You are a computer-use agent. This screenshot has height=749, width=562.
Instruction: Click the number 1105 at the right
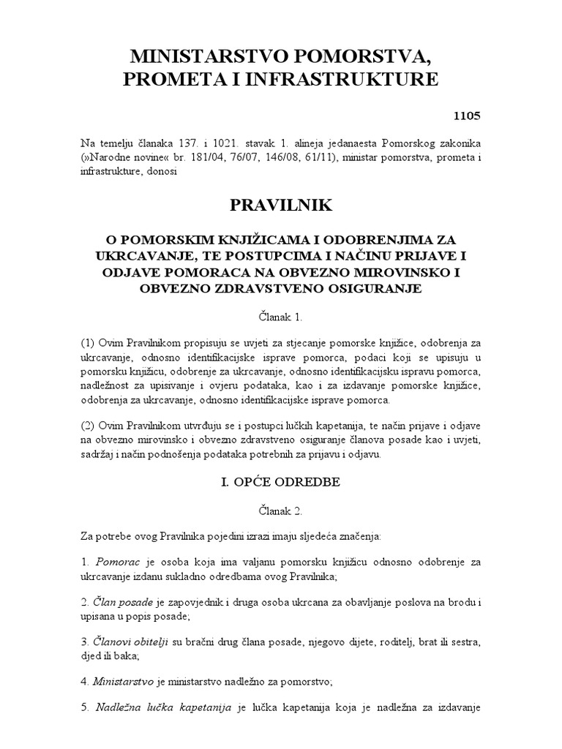[x=466, y=115]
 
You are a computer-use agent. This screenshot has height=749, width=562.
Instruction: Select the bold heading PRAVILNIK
[x=281, y=206]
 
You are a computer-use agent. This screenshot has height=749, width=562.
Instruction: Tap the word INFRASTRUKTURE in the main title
[x=347, y=79]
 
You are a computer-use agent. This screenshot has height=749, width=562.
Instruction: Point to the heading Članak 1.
[x=281, y=318]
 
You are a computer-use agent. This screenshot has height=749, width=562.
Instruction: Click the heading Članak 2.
[x=281, y=511]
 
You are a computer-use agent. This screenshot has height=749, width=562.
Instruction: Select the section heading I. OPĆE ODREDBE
[x=281, y=482]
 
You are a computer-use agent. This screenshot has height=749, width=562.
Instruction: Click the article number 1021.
[x=209, y=141]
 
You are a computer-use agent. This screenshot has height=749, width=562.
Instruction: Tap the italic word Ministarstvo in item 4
[x=123, y=681]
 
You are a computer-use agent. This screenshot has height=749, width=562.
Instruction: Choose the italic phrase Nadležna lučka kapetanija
[x=162, y=707]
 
